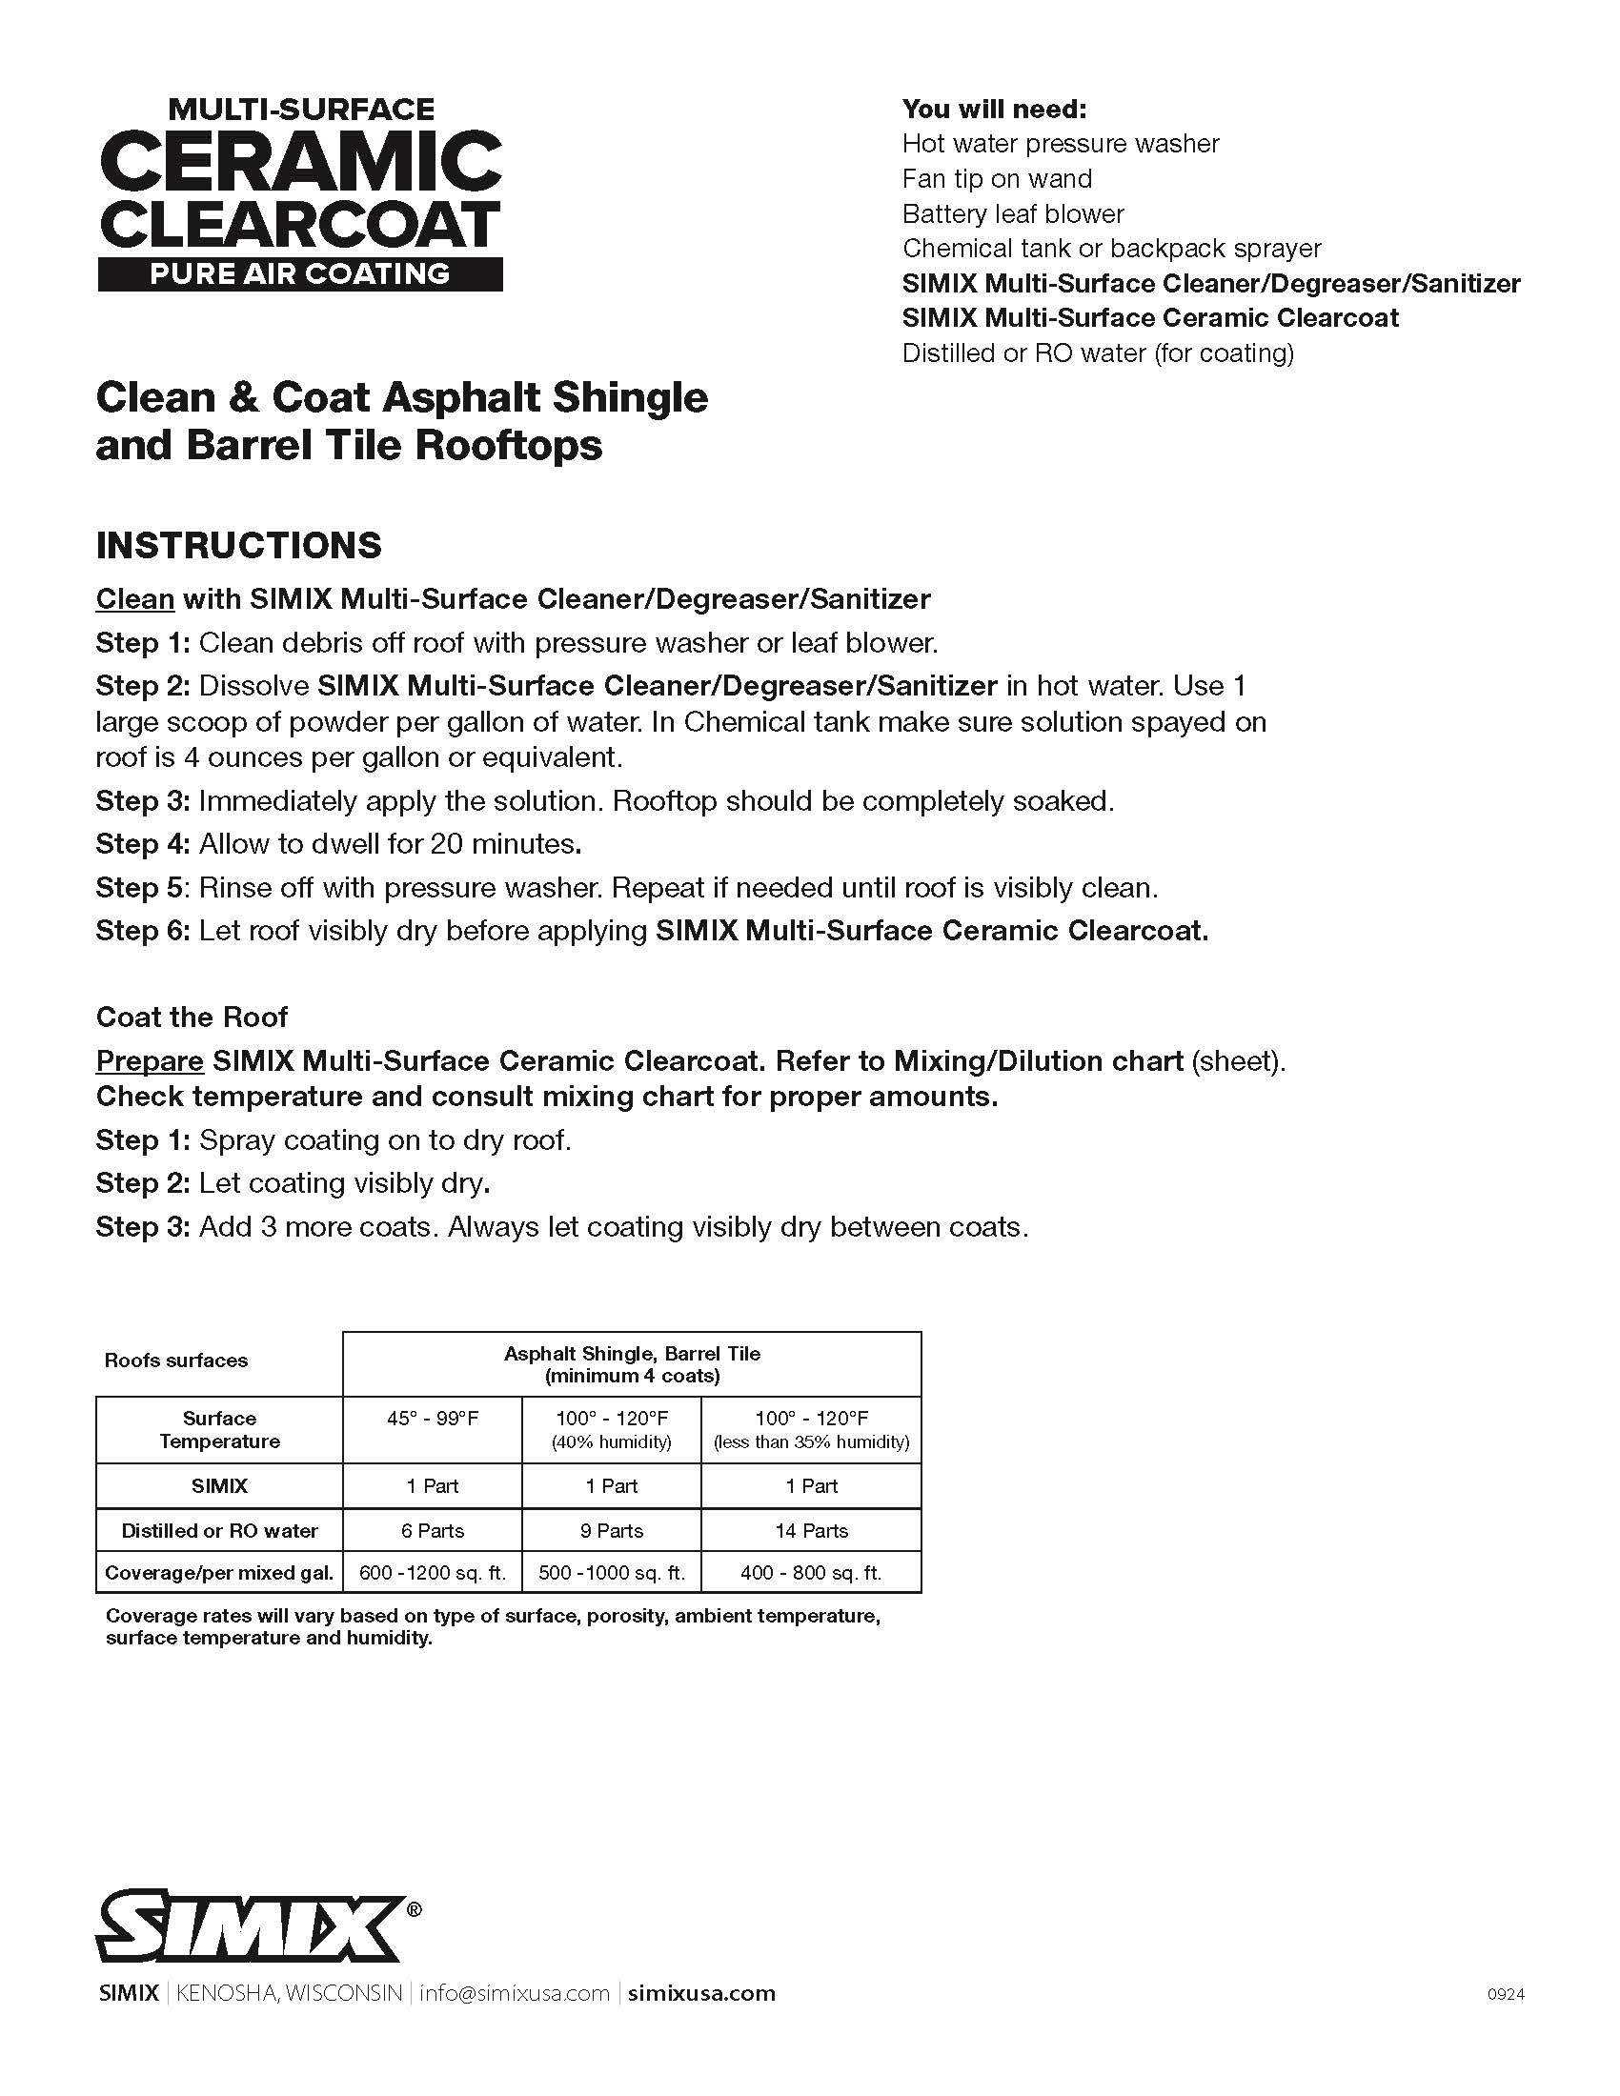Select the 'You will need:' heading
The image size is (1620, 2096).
click(x=994, y=110)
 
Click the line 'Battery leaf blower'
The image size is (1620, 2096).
click(x=1012, y=214)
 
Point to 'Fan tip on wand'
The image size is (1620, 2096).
click(x=996, y=179)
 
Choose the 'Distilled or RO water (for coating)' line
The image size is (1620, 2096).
click(x=1098, y=353)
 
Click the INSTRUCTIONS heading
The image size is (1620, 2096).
click(x=239, y=545)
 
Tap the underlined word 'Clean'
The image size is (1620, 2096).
click(x=135, y=600)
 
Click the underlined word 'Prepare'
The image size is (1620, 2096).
click(x=150, y=1061)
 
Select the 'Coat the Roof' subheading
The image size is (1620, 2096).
click(x=192, y=1018)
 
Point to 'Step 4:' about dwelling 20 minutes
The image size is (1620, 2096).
click(x=143, y=844)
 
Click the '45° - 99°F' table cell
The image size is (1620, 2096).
click(x=433, y=1419)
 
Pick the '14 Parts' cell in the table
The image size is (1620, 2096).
click(x=811, y=1531)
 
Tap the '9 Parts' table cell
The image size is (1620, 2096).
click(x=612, y=1531)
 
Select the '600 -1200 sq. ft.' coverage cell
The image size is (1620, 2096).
click(x=432, y=1573)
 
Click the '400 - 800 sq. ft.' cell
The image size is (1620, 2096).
click(x=811, y=1573)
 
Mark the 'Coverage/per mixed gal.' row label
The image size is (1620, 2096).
click(x=219, y=1573)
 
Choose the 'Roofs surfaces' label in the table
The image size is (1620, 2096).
click(x=175, y=1360)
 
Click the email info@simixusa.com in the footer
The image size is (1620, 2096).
click(x=515, y=1993)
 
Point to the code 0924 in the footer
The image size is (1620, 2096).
click(x=1506, y=1994)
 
